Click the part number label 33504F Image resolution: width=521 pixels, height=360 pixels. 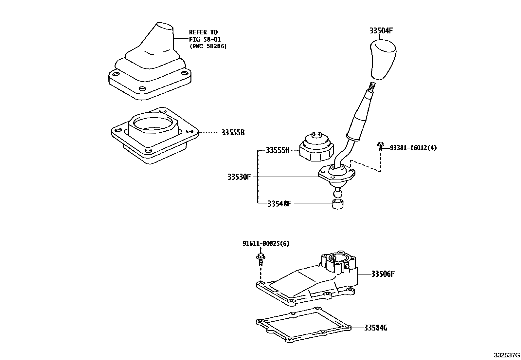pos(381,31)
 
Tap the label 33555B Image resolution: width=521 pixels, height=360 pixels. pos(233,133)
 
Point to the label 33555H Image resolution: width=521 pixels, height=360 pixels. pos(278,150)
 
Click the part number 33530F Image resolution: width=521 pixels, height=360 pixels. pos(239,177)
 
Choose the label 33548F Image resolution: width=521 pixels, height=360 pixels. pos(279,203)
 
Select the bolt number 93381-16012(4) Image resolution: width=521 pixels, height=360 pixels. pos(413,148)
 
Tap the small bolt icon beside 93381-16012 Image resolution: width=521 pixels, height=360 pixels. pos(380,146)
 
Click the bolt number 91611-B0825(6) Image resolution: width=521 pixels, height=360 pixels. pos(266,244)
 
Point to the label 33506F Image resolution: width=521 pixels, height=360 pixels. pos(383,274)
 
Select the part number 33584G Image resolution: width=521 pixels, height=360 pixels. pos(376,328)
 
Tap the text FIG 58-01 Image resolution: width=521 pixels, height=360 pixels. pos(205,39)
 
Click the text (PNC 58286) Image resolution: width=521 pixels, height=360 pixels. pos(208,46)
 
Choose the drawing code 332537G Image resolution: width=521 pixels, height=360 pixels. pos(507,355)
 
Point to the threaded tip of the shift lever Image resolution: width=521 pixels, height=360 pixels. pos(372,87)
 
